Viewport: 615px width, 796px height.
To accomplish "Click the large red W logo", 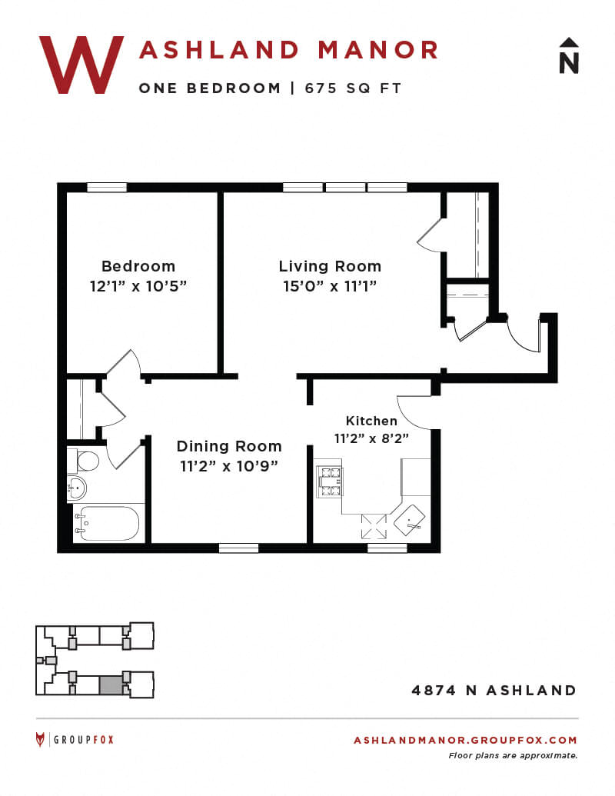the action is [81, 65].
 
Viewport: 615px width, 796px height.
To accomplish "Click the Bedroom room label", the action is [138, 266].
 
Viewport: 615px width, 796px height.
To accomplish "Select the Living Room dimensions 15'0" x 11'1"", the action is [330, 286].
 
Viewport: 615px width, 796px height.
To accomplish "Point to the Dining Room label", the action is [229, 446].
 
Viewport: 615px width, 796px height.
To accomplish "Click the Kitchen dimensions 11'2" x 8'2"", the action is [371, 438].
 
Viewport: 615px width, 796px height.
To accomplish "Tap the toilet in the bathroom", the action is [83, 461].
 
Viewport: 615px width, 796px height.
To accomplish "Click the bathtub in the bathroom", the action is [107, 524].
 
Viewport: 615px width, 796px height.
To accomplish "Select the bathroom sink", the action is [77, 488].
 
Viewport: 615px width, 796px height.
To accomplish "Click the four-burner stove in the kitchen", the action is [329, 481].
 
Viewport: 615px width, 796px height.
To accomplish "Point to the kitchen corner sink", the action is [410, 520].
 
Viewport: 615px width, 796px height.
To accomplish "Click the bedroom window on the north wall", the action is [107, 188].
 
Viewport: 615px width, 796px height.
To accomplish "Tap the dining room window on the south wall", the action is [238, 548].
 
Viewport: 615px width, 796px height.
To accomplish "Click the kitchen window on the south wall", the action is [387, 548].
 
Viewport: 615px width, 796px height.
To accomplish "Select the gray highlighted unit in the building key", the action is [111, 685].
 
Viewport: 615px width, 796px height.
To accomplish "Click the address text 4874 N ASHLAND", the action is [494, 691].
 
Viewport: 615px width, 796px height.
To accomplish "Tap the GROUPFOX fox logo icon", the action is [40, 740].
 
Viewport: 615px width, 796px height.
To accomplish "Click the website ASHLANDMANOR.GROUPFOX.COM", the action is [465, 740].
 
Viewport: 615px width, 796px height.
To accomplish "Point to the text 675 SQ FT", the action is [353, 88].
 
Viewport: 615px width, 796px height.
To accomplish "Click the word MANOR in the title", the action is [378, 50].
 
